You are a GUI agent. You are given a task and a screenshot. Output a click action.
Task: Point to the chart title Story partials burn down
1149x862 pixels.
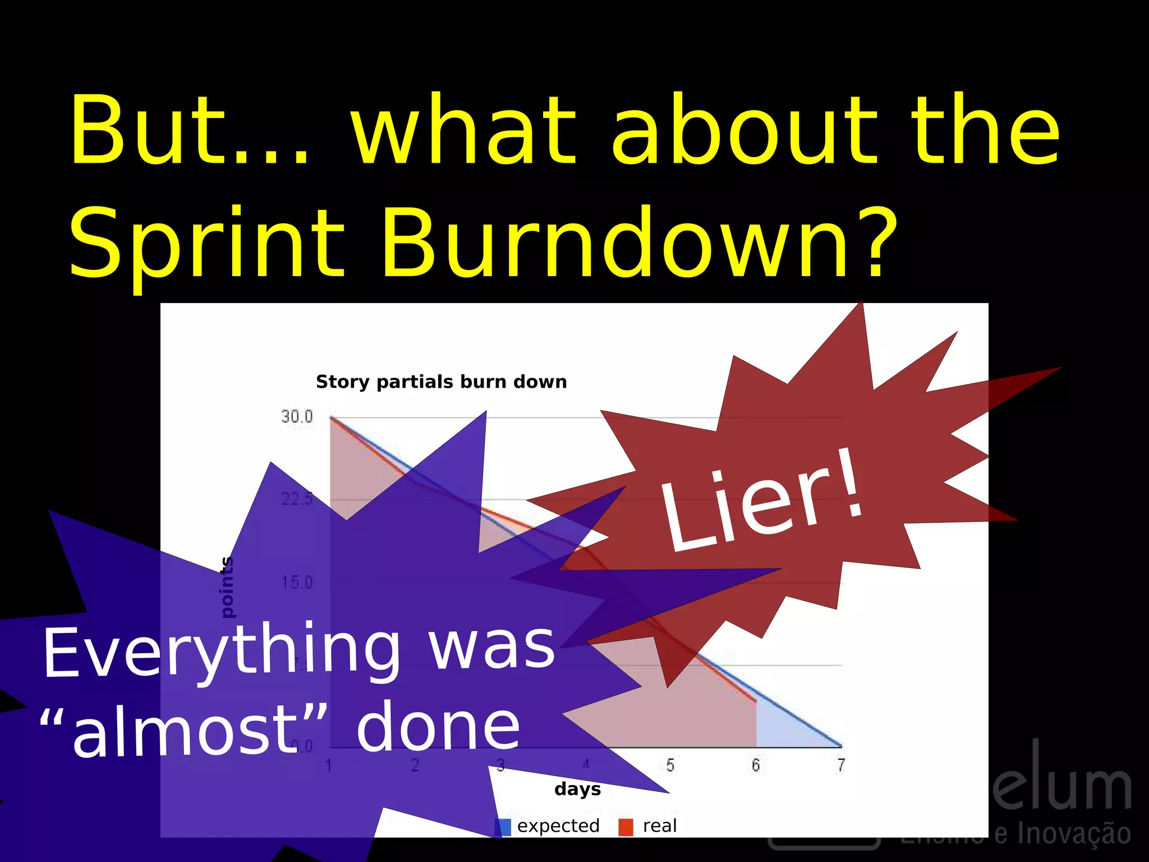(441, 382)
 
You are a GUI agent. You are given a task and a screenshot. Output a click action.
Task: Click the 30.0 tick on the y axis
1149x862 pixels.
(297, 416)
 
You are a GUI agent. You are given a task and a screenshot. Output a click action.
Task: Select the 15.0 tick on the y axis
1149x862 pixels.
(297, 583)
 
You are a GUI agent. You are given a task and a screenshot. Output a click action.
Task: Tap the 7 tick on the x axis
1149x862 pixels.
(841, 765)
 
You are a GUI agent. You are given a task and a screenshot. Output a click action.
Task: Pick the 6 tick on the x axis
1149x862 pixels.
(756, 765)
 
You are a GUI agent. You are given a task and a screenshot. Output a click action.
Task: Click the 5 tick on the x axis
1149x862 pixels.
(670, 765)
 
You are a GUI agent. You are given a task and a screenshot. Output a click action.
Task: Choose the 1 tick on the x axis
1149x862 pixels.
(329, 765)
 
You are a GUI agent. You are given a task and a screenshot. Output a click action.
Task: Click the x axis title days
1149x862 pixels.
(577, 789)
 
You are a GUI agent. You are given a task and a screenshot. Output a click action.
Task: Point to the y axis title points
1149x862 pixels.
(227, 587)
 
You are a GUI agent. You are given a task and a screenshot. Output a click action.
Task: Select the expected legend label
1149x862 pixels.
(558, 826)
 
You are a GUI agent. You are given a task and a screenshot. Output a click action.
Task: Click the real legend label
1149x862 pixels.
(660, 826)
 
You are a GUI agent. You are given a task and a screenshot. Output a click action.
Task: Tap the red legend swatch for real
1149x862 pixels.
(626, 827)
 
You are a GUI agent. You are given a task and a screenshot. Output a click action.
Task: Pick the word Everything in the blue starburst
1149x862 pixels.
(222, 651)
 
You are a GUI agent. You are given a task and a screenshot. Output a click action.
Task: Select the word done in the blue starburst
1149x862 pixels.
(438, 728)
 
